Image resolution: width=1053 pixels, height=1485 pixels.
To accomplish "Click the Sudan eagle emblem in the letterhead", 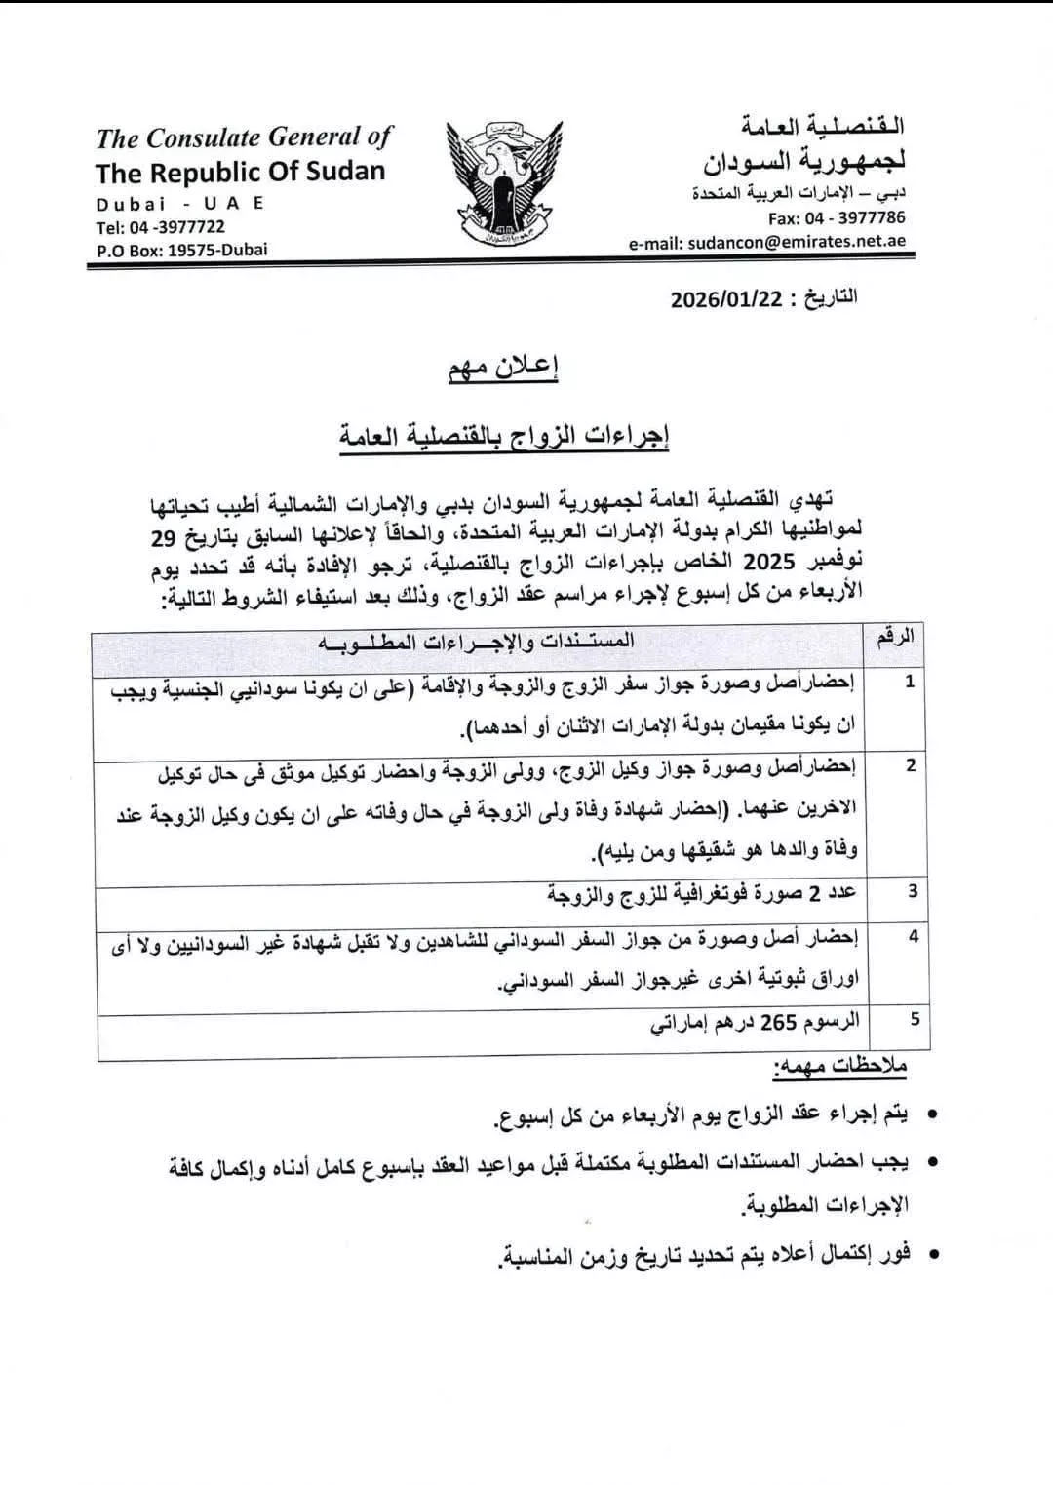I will (504, 184).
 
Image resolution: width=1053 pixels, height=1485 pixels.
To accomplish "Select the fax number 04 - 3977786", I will (837, 217).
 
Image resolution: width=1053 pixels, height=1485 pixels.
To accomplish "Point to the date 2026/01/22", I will (726, 298).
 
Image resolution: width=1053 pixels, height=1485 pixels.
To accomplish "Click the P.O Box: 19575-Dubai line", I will (181, 250).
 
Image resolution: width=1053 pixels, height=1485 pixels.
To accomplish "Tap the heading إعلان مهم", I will (503, 370).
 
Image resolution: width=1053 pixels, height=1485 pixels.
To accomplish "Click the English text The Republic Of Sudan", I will (241, 173).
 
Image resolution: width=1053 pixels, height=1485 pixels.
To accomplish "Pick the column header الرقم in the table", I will (895, 639).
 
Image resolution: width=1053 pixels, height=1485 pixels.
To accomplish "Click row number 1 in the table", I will (909, 682).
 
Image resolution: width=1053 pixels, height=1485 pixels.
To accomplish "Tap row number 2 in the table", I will (910, 765).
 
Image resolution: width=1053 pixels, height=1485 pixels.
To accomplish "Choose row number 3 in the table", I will (912, 891).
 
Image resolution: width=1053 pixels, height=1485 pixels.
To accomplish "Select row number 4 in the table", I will (913, 936).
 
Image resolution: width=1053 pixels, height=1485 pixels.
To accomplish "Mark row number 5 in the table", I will (914, 1019).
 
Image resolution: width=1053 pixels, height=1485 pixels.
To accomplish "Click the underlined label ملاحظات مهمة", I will (839, 1067).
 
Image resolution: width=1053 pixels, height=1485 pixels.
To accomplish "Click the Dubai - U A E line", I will (180, 203).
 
